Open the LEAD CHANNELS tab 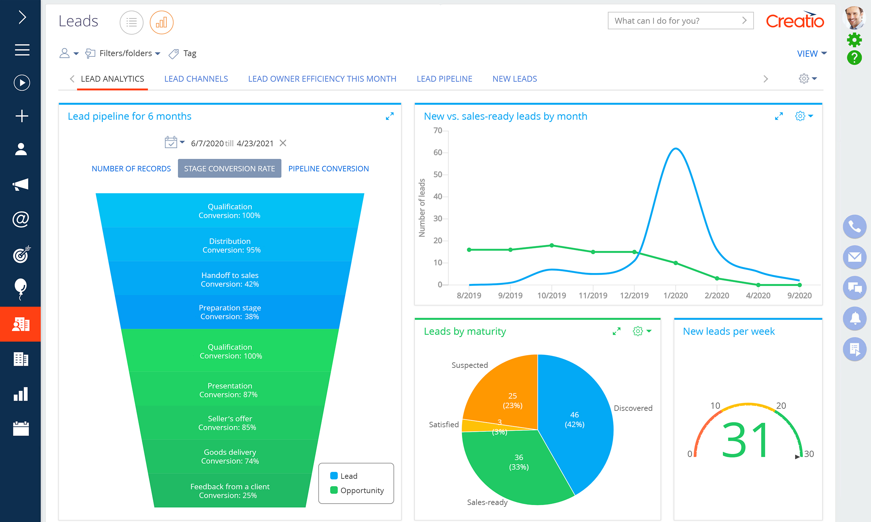click(196, 79)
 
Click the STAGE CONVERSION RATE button click(229, 169)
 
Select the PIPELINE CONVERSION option click(328, 169)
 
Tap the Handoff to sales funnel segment click(230, 279)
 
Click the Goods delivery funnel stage click(230, 456)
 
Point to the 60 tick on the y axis click(438, 152)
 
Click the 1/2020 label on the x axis click(675, 296)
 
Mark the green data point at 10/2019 click(552, 245)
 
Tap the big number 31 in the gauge click(745, 440)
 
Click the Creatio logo click(795, 21)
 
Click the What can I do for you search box click(676, 21)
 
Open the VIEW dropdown click(811, 54)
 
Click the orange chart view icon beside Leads click(161, 23)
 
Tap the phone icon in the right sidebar click(854, 226)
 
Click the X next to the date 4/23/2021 click(283, 143)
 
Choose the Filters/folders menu click(125, 53)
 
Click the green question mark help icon click(854, 57)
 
